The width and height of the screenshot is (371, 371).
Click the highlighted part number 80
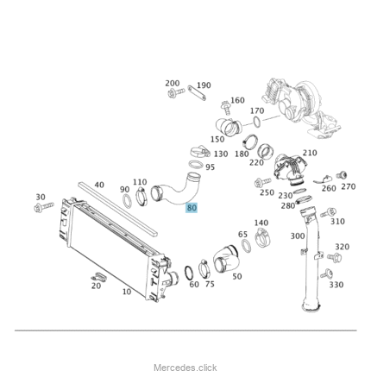click(x=192, y=207)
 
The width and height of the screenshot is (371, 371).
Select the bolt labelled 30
click(x=44, y=206)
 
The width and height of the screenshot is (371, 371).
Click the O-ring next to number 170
click(x=257, y=122)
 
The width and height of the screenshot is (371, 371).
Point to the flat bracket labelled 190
click(x=197, y=93)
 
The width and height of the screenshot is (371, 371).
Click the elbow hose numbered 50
click(x=227, y=262)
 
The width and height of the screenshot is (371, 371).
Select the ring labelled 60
click(x=189, y=273)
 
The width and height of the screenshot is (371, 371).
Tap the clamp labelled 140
click(x=262, y=237)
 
